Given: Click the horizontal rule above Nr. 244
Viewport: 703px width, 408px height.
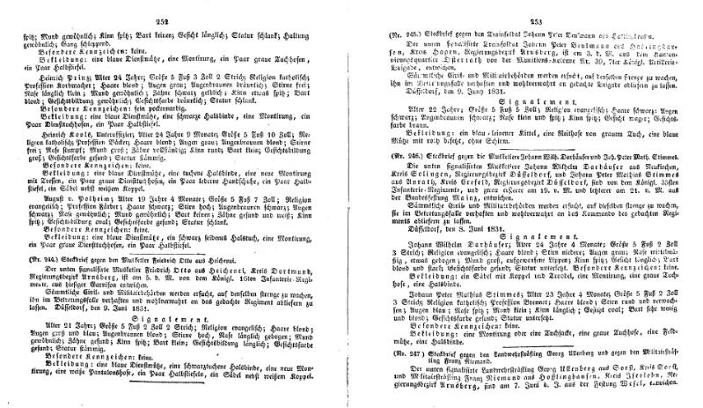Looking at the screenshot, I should [x=176, y=278].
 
